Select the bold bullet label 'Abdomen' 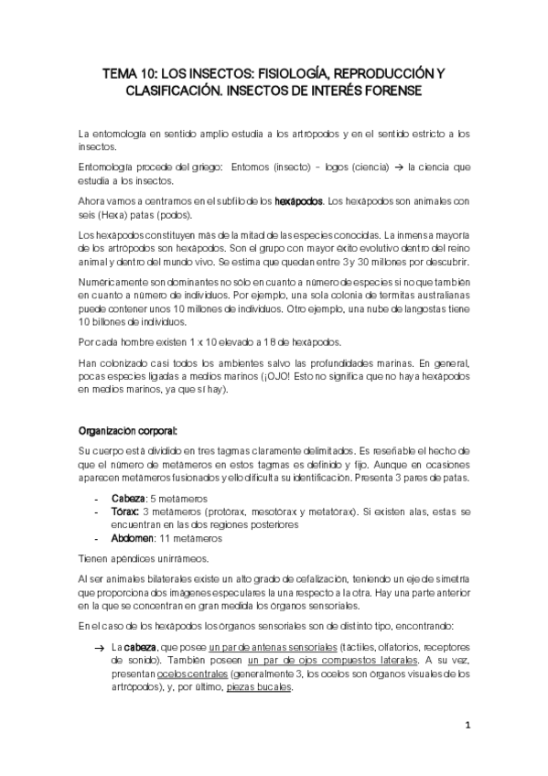pos(132,539)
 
